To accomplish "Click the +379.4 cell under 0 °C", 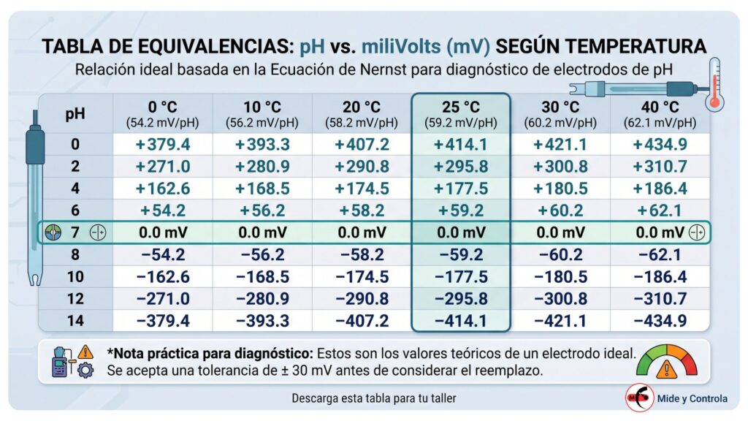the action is (x=163, y=144).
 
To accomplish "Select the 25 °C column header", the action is (x=461, y=114).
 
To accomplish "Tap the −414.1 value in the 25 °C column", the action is (x=461, y=321).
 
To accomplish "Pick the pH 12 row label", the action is (x=75, y=299).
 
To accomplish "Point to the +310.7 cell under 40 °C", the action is (x=660, y=166).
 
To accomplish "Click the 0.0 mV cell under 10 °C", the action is (x=262, y=232).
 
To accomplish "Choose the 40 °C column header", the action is (x=660, y=114).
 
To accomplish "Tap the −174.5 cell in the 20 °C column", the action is (x=362, y=277).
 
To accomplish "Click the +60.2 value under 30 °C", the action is (x=560, y=210).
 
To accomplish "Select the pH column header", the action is (x=75, y=113).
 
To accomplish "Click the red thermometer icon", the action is (x=714, y=85).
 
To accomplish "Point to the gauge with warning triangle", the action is (x=666, y=362).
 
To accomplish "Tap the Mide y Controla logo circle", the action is (x=639, y=397).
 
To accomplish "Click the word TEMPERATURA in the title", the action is (x=601, y=47).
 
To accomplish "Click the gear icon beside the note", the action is (x=85, y=370).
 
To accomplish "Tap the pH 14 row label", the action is (x=75, y=321).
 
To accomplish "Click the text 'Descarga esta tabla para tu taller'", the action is (x=373, y=398).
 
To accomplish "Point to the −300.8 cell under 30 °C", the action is (x=560, y=299).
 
